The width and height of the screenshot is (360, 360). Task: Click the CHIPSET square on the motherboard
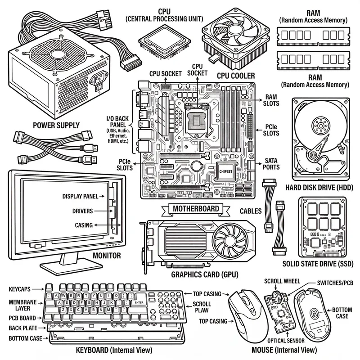(x=225, y=171)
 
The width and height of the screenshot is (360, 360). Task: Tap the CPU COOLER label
(x=236, y=75)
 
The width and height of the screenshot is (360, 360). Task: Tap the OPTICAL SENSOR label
(x=286, y=341)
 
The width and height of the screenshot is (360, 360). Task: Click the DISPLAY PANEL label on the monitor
(x=83, y=196)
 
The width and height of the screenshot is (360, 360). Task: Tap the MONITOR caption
(x=106, y=256)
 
